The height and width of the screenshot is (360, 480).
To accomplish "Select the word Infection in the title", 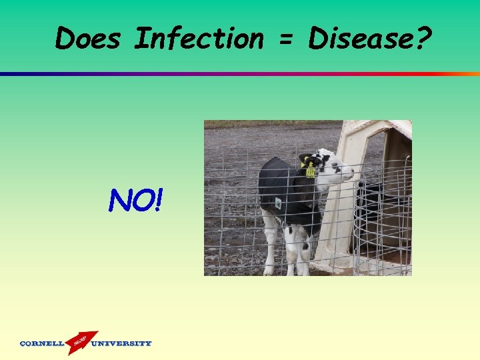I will [199, 39].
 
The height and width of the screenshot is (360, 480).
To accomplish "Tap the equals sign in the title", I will [285, 40].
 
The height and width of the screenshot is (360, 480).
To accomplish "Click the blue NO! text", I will [134, 199].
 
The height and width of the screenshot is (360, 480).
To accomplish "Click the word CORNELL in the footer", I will [42, 344].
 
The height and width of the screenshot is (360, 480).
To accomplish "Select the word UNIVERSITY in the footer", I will [121, 344].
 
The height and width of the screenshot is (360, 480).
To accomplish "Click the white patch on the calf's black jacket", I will [278, 203].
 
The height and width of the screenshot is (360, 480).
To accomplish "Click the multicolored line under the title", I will [240, 73].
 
